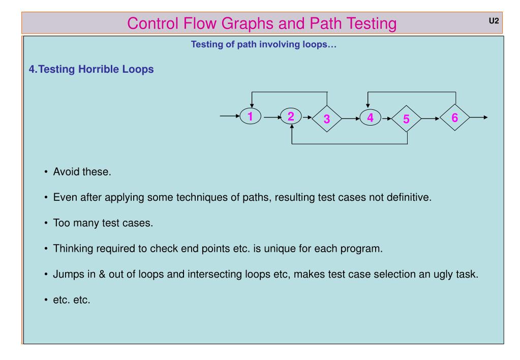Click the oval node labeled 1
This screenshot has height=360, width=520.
(x=250, y=117)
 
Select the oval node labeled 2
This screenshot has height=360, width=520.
(x=291, y=117)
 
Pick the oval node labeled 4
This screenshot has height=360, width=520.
(x=370, y=117)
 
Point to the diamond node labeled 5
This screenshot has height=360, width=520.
(x=406, y=119)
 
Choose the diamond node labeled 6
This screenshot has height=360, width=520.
(x=455, y=117)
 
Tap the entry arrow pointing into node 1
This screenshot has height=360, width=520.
(x=229, y=117)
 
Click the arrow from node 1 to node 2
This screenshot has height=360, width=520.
(x=270, y=117)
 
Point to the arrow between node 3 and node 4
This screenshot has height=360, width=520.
(x=350, y=117)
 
